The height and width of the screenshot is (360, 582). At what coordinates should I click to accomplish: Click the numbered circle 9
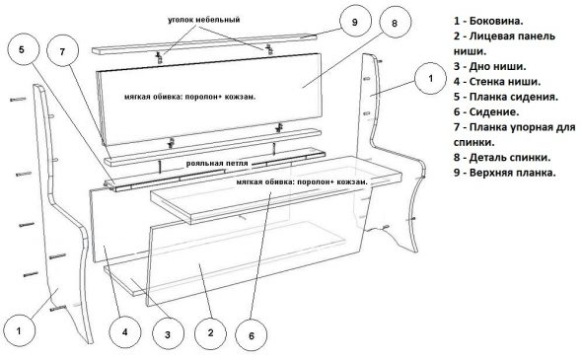(x=355, y=21)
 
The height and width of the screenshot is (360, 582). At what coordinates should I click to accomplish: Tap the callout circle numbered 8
(x=395, y=23)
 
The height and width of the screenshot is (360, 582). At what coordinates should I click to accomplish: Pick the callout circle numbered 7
(x=63, y=51)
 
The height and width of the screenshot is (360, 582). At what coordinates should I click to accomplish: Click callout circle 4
(x=125, y=331)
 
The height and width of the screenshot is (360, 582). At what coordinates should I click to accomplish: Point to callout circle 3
(x=168, y=334)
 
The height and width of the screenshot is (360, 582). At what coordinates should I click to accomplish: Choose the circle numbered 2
(x=210, y=332)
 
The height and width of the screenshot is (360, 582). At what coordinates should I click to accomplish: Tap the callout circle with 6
(x=252, y=335)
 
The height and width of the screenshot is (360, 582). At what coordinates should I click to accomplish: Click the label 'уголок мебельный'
(x=204, y=20)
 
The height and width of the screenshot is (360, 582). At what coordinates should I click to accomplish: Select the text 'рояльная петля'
(x=217, y=164)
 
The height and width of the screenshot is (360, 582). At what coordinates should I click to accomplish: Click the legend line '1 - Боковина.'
(x=488, y=21)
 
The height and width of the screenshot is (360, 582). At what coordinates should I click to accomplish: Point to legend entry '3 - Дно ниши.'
(x=489, y=66)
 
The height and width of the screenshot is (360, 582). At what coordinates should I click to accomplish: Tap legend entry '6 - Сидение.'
(x=486, y=111)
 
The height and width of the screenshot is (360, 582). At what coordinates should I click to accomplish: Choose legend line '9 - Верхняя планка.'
(x=505, y=173)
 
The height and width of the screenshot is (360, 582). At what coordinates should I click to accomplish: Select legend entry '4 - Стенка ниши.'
(x=497, y=81)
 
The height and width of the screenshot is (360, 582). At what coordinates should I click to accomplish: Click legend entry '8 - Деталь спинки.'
(x=502, y=158)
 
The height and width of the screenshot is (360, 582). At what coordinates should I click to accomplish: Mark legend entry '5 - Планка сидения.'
(x=506, y=97)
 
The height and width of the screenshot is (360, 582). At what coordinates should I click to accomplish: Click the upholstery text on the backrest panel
(x=190, y=97)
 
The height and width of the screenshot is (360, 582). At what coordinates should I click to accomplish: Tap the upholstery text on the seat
(x=302, y=182)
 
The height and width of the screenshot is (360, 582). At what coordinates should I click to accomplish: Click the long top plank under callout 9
(x=204, y=43)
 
